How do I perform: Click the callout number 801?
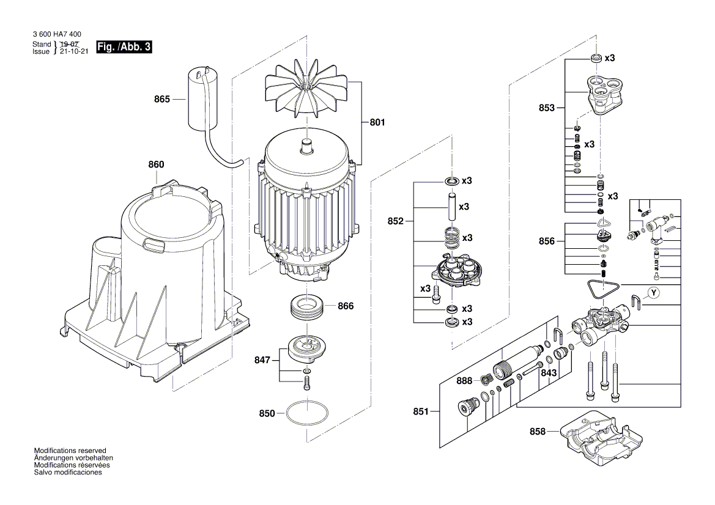(377, 122)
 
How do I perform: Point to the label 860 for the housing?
(156, 164)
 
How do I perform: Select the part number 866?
(346, 305)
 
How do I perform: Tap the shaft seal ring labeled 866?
(306, 306)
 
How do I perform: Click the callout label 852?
(396, 221)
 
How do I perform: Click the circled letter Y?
(654, 293)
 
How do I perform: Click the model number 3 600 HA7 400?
(56, 34)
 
